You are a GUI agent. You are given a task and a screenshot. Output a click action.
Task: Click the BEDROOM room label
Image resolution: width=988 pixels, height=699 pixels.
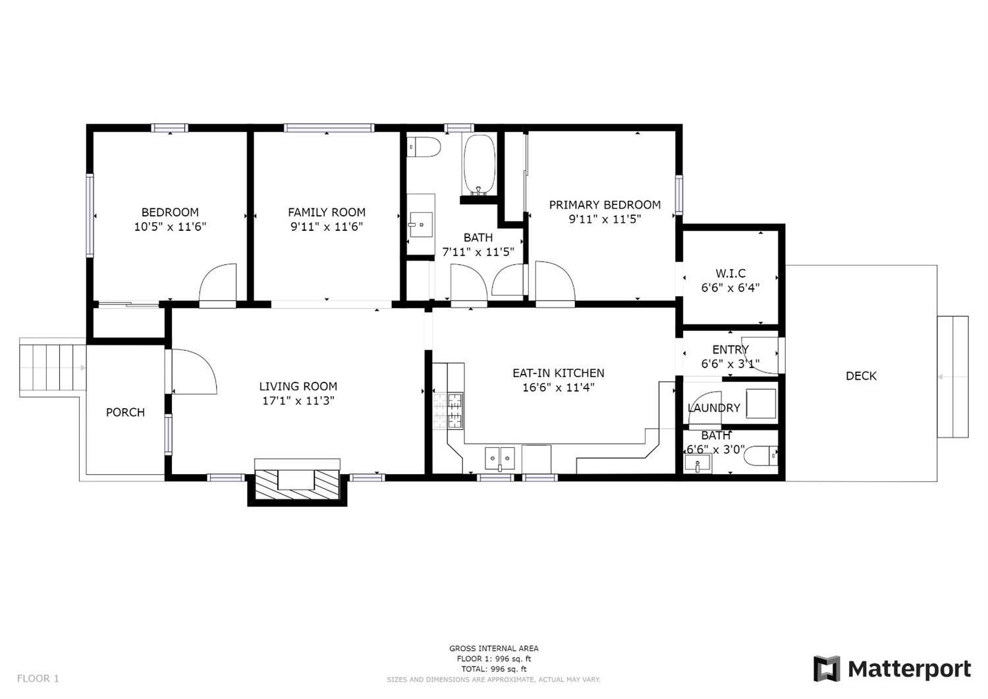pyautogui.click(x=170, y=212)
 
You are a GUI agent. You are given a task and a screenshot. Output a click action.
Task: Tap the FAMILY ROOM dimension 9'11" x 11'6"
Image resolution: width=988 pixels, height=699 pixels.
pyautogui.click(x=327, y=227)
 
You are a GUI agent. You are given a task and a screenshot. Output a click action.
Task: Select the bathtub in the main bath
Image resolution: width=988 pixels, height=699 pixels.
pyautogui.click(x=479, y=165)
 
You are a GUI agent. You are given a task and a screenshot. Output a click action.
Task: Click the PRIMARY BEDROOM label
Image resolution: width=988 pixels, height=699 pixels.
pyautogui.click(x=605, y=205)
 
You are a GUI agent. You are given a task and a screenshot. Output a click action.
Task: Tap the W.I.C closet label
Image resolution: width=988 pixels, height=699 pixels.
pyautogui.click(x=730, y=274)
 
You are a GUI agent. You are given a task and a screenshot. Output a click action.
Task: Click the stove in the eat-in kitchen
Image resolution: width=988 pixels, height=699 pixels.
pyautogui.click(x=449, y=410)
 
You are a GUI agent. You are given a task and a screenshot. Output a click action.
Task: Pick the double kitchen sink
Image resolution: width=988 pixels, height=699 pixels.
pyautogui.click(x=500, y=458)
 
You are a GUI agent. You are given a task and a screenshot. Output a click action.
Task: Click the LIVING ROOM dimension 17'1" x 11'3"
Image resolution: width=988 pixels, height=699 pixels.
pyautogui.click(x=298, y=401)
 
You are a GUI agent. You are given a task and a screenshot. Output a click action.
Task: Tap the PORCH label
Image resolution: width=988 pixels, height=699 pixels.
pyautogui.click(x=125, y=412)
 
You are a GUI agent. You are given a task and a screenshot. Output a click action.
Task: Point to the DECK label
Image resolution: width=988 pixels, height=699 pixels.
pyautogui.click(x=861, y=376)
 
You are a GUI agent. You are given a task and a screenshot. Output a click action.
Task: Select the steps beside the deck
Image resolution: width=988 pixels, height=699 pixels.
pyautogui.click(x=952, y=377)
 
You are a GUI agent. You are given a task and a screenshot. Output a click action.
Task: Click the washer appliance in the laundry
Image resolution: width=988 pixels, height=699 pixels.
pyautogui.click(x=761, y=403)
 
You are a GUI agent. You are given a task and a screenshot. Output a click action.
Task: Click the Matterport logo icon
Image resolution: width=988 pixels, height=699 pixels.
pyautogui.click(x=827, y=669)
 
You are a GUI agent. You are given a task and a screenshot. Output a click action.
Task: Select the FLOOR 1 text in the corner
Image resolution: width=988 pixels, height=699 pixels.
pyautogui.click(x=38, y=678)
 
